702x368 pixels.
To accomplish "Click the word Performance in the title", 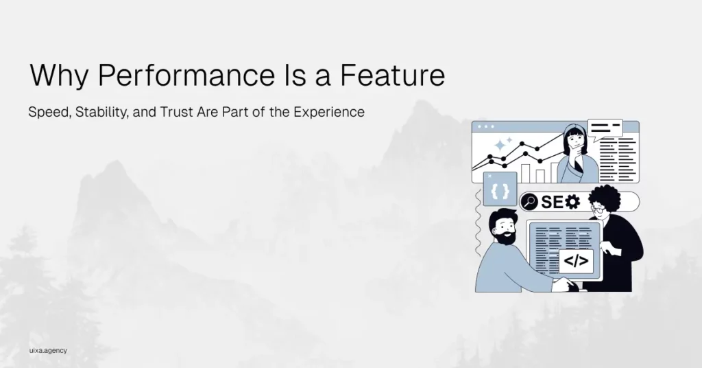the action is [x=186, y=76].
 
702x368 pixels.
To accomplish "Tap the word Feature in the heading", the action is [x=393, y=75].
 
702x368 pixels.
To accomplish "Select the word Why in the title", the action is [x=59, y=76].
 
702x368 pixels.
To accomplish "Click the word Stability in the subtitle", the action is [x=102, y=112].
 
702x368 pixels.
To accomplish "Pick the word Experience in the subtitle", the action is [x=329, y=112].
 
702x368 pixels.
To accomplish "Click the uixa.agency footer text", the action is [x=48, y=351].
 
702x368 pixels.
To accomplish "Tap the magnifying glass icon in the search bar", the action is [x=529, y=202].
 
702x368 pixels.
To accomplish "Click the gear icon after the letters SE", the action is [x=572, y=202].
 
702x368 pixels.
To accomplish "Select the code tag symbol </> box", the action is [x=576, y=261].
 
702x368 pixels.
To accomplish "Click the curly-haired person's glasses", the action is [x=598, y=209].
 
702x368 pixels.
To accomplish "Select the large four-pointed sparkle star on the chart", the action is [x=500, y=146].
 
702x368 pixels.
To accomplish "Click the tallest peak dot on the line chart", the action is [x=522, y=143].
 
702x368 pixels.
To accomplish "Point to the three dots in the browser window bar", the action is [x=486, y=126].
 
